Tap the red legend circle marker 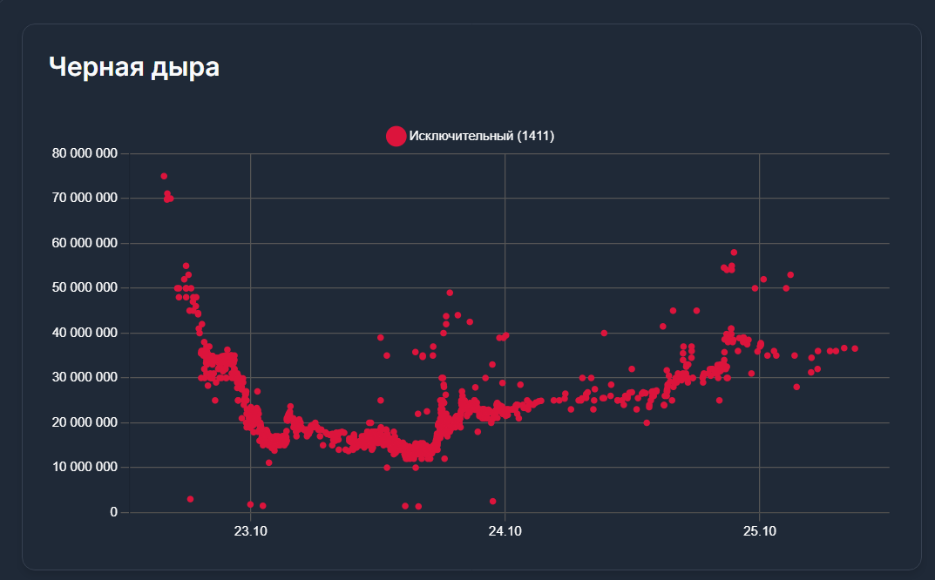(x=396, y=136)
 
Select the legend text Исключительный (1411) (x=482, y=136)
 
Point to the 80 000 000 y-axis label (x=85, y=153)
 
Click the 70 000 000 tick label (x=85, y=198)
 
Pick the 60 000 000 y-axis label (x=85, y=243)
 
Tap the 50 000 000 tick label (x=85, y=287)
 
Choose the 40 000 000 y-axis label (x=85, y=333)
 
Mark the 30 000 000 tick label (x=85, y=377)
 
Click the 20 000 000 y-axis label (x=85, y=422)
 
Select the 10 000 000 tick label (x=85, y=467)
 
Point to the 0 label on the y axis (x=112, y=512)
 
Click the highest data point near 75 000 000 (x=164, y=176)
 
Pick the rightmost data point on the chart (x=855, y=348)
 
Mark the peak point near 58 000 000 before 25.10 (x=734, y=253)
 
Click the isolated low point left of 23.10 (x=190, y=499)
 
